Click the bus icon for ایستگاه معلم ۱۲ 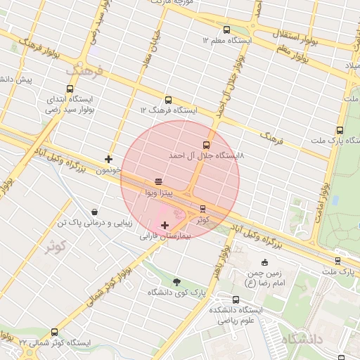pos(226,30)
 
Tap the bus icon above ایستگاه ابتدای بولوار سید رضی pos(70,89)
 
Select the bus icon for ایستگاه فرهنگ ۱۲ pos(168,100)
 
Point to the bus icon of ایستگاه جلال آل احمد pos(206,145)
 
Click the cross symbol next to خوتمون pos(108,159)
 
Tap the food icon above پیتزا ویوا pos(158,181)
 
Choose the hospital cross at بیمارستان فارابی pos(165,225)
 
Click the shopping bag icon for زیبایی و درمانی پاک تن pos(94,212)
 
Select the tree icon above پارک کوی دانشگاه pos(176,281)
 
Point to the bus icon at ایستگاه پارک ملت pos(340,130)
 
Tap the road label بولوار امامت pos(324,200)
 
